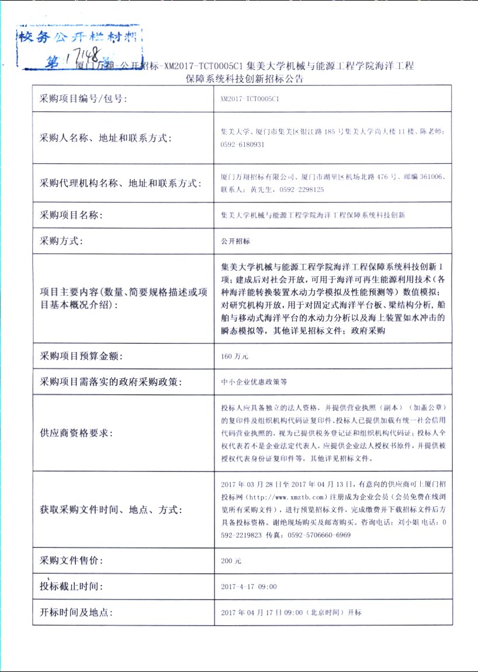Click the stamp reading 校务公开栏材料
(x=79, y=39)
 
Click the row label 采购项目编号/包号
(x=83, y=99)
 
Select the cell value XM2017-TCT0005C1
(x=250, y=99)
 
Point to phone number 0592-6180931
(x=243, y=144)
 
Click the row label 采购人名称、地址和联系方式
(x=105, y=139)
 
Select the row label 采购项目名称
(x=71, y=215)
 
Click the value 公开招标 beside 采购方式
(x=235, y=241)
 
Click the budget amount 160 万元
(x=235, y=356)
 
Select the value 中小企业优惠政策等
(x=254, y=382)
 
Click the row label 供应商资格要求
(x=76, y=433)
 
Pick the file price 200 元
(x=231, y=561)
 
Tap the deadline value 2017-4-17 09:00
(x=249, y=587)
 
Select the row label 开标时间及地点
(x=76, y=612)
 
